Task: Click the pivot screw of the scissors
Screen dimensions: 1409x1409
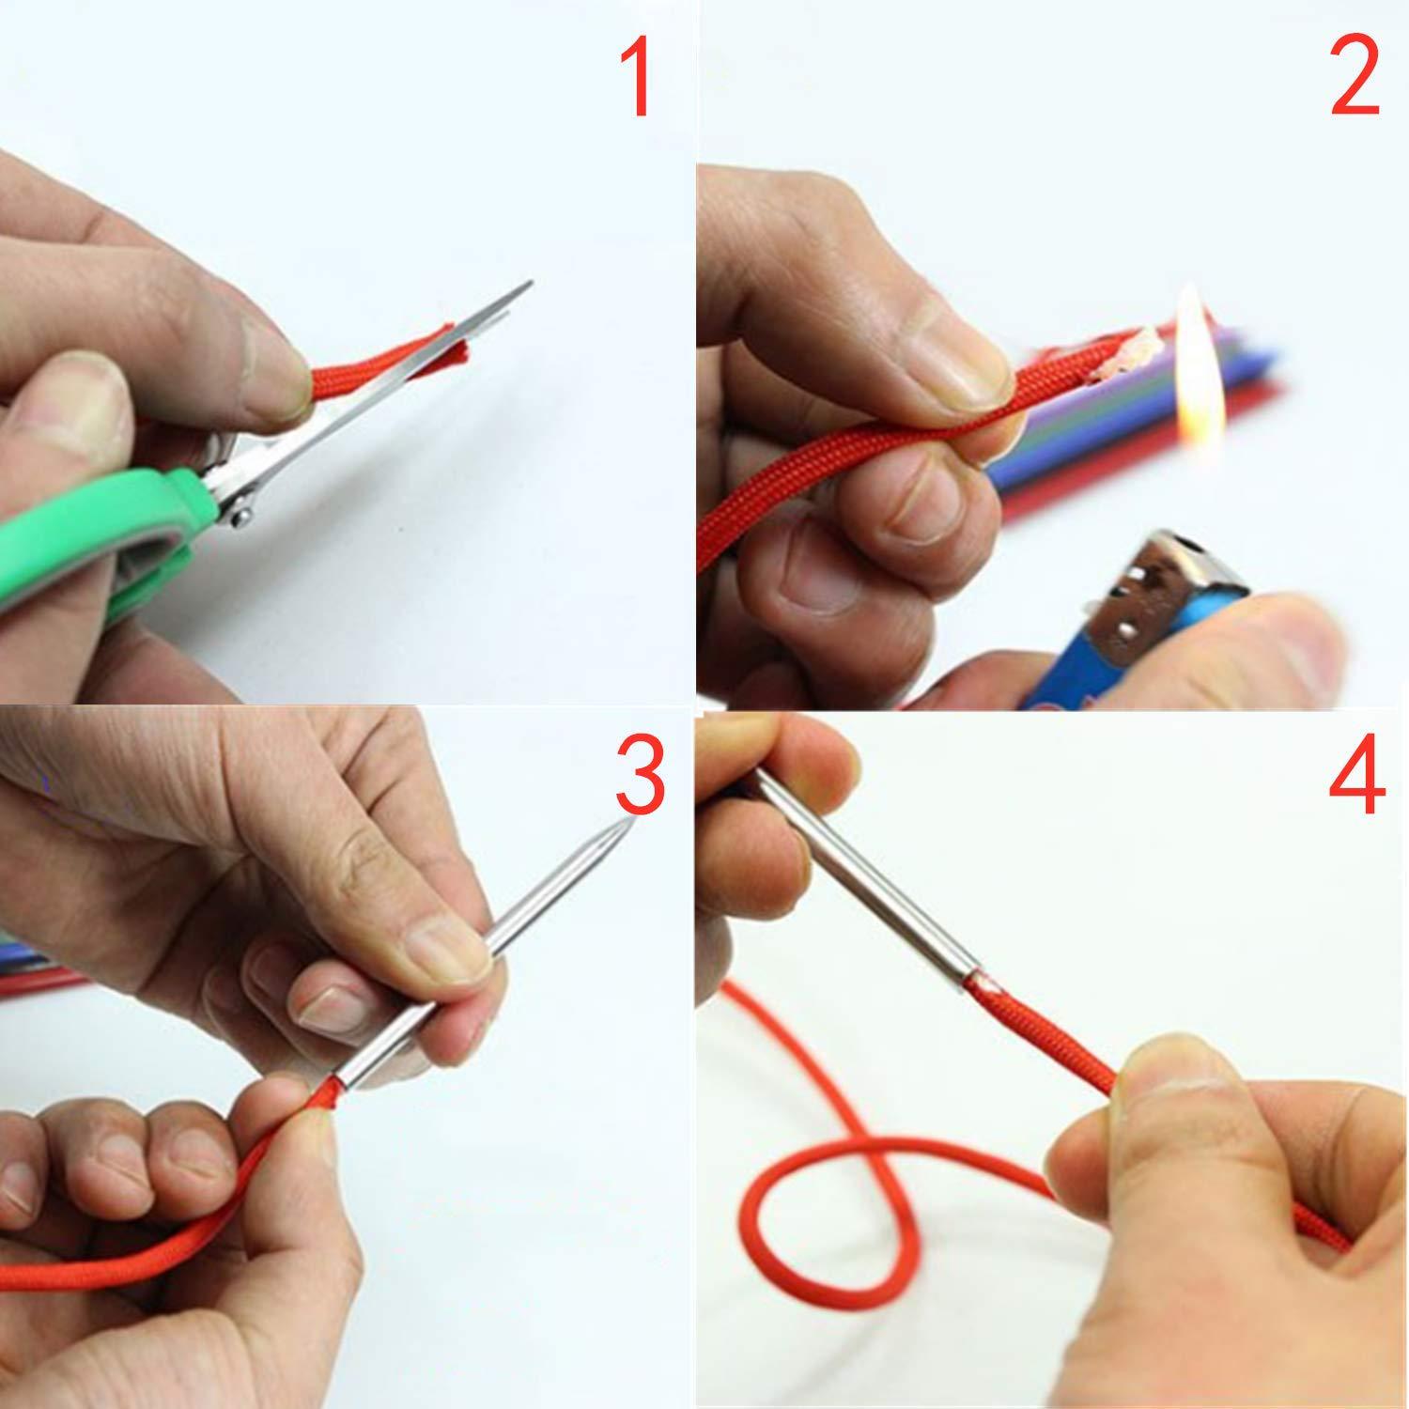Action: point(239,511)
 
